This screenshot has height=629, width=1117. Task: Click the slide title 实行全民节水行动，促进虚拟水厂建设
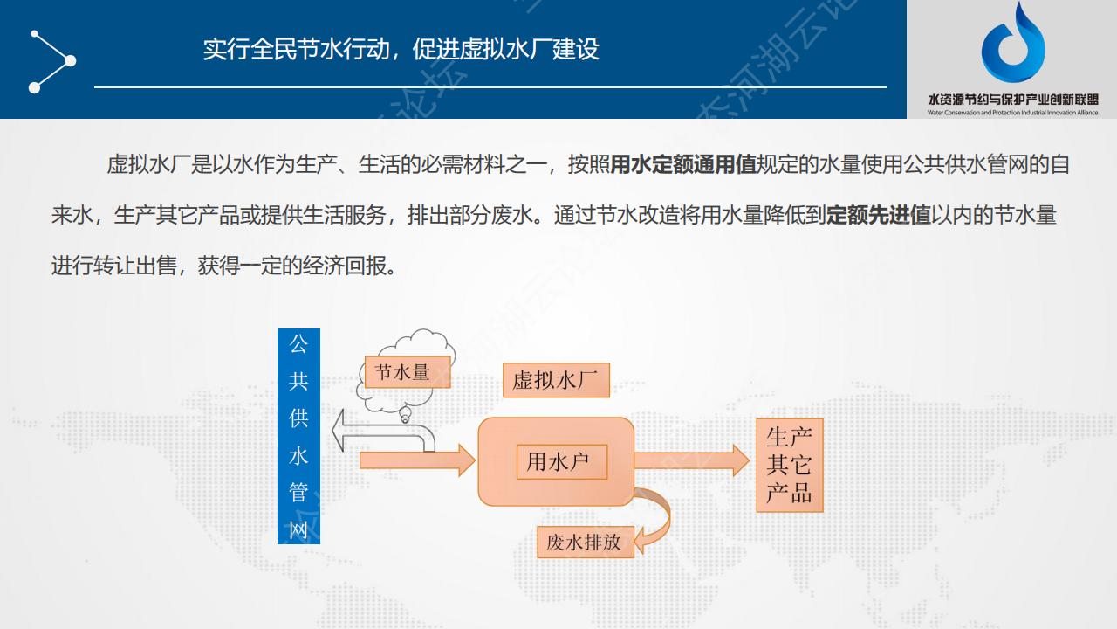click(x=401, y=50)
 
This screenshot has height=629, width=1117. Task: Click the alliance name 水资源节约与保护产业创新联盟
click(x=1013, y=100)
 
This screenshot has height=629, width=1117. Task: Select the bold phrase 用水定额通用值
click(x=683, y=164)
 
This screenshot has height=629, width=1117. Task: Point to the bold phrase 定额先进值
click(x=879, y=215)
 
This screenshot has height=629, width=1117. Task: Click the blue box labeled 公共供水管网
click(x=298, y=436)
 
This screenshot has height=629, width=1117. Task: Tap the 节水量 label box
click(x=408, y=372)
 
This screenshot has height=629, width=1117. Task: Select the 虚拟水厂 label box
click(x=556, y=380)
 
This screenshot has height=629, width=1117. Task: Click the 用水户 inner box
click(x=562, y=462)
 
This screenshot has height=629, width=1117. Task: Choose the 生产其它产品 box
click(x=790, y=466)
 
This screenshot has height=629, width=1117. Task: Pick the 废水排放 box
click(x=586, y=543)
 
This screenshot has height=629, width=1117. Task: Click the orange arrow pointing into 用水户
click(x=417, y=460)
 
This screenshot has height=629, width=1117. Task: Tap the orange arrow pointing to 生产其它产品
click(x=692, y=460)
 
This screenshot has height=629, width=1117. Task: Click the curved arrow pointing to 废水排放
click(x=663, y=519)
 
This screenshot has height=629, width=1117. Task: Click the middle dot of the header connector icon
click(x=71, y=61)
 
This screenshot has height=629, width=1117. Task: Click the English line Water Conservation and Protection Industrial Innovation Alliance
click(x=1013, y=113)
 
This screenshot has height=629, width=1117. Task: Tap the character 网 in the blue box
click(x=298, y=529)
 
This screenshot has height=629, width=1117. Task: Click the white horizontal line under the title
click(x=490, y=87)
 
